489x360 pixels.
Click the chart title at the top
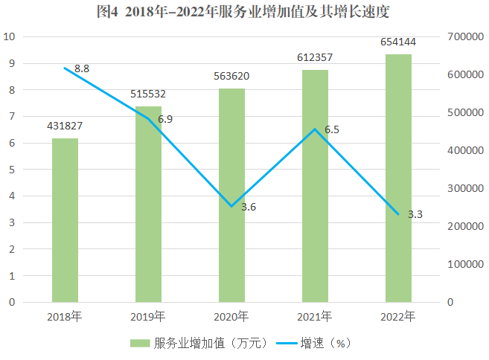click(244, 12)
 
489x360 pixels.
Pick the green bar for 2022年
click(398, 179)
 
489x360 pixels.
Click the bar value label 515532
click(148, 94)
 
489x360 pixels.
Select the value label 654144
click(398, 42)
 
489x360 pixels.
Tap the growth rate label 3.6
click(249, 207)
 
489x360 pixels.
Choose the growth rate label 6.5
click(332, 129)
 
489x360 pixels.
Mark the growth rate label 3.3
click(415, 214)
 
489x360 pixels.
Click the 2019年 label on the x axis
click(148, 317)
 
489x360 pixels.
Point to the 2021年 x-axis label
click(315, 317)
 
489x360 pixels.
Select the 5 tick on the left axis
click(11, 170)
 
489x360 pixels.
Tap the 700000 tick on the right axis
click(467, 37)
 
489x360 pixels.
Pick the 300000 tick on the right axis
click(467, 188)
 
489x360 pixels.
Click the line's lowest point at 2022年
click(398, 215)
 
